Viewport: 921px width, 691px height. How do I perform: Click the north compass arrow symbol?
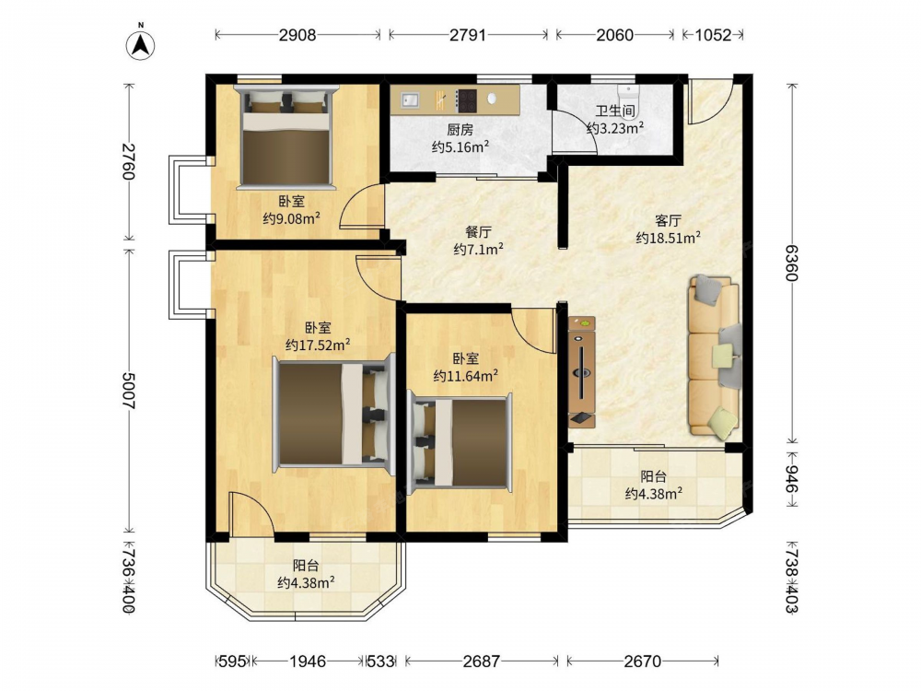pos(141,44)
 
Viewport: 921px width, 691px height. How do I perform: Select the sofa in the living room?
pos(715,356)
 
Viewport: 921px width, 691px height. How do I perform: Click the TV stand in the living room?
pos(581,372)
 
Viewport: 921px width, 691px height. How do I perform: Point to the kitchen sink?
pos(410,100)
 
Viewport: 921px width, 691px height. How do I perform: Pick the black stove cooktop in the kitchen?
pos(467,100)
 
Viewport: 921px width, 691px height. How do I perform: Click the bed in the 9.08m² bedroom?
pos(286,137)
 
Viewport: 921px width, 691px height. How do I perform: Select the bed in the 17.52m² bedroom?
pos(333,414)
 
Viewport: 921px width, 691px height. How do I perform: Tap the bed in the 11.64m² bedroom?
pos(460,442)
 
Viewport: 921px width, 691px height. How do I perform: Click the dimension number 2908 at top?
pos(297,35)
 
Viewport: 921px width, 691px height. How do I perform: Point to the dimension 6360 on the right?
pos(792,263)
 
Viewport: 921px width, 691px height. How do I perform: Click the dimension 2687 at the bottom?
pos(481,662)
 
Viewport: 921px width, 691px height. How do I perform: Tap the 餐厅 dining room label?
pos(478,233)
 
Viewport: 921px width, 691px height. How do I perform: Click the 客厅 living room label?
pos(668,221)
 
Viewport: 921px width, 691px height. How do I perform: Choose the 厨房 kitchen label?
pos(460,130)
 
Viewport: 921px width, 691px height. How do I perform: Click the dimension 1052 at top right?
pos(713,35)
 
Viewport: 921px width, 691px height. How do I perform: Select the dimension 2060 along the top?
pos(615,35)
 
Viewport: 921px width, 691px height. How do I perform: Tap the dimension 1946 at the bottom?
pos(308,662)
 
